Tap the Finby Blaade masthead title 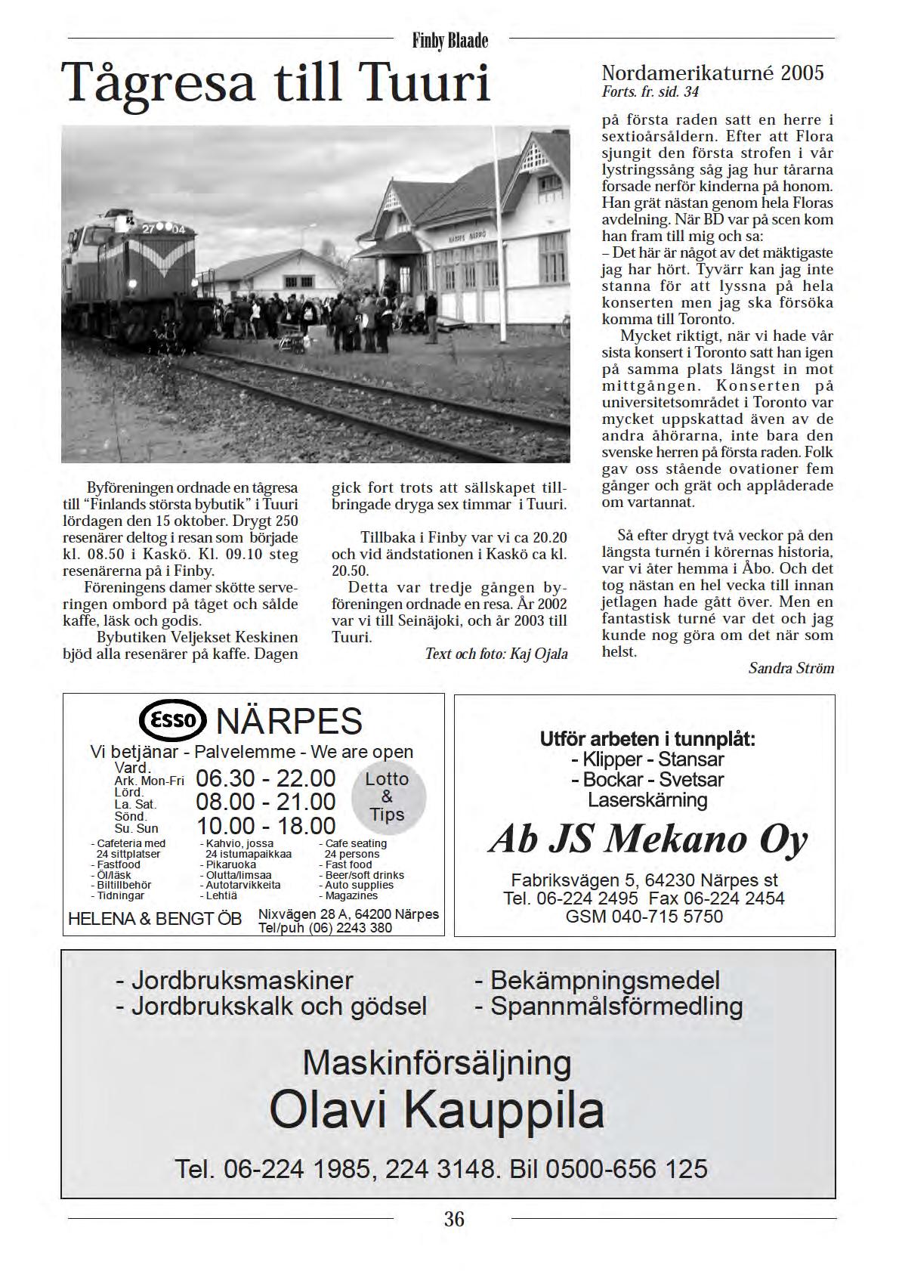[x=450, y=41]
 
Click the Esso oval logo [x=173, y=720]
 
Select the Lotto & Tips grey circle [x=388, y=797]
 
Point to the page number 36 [x=454, y=1218]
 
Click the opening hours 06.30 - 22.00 [x=265, y=778]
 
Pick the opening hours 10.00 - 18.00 [x=266, y=825]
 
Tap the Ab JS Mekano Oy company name [x=647, y=840]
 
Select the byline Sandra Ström [x=791, y=668]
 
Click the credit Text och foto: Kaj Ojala [x=496, y=654]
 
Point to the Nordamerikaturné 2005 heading [x=712, y=73]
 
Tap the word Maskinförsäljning [x=437, y=1062]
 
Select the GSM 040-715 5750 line [x=644, y=917]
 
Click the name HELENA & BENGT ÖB [x=155, y=919]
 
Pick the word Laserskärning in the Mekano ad [x=647, y=799]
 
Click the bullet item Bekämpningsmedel [x=598, y=980]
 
